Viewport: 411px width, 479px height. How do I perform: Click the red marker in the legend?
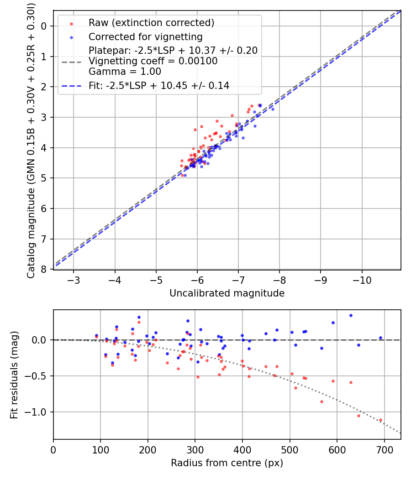click(71, 24)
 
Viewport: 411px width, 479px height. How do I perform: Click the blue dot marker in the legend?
click(71, 37)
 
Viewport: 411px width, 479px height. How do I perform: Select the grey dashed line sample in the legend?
click(72, 62)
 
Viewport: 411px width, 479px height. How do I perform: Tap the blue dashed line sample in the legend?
click(72, 86)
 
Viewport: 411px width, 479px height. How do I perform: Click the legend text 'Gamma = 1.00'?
click(125, 72)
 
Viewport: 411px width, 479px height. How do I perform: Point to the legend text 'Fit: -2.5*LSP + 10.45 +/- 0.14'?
click(159, 86)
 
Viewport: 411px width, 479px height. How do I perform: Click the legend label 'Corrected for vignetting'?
click(146, 37)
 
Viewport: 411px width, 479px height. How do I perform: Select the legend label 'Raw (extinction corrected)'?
click(151, 23)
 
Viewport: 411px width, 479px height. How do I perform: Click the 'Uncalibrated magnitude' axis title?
click(227, 293)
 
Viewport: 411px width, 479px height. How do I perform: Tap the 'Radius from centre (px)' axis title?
click(227, 463)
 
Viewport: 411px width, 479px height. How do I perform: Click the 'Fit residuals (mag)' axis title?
click(14, 375)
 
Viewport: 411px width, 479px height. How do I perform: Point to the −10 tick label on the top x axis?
click(362, 280)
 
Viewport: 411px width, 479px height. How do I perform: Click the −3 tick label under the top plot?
click(74, 280)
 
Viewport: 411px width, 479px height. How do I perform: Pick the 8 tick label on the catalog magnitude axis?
click(44, 269)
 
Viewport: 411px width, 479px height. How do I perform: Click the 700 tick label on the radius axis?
click(384, 450)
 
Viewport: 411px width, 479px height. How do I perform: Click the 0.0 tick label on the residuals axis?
click(39, 340)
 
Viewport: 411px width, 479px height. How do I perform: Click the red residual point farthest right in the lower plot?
click(380, 420)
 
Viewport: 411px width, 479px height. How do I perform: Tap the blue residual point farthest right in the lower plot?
click(380, 338)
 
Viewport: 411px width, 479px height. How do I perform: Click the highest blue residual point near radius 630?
click(351, 316)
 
